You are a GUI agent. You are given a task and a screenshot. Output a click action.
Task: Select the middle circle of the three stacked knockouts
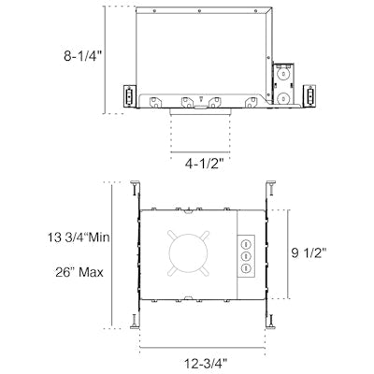(x=247, y=253)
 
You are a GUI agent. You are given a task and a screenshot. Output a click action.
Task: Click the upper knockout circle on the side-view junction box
(x=282, y=72)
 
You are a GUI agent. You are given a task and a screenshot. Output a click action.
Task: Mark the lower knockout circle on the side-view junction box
(x=282, y=95)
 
